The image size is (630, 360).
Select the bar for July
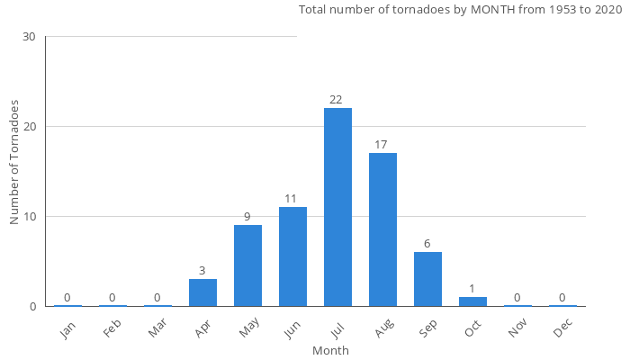(337, 207)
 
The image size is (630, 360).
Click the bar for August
(382, 229)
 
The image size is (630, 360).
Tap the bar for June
(292, 256)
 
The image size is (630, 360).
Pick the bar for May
(247, 265)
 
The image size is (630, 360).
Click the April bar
(202, 292)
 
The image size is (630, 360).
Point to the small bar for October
(472, 301)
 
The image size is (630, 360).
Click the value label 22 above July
(336, 100)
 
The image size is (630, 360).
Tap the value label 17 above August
(381, 145)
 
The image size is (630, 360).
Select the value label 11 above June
(291, 199)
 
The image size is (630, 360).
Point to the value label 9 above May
(247, 217)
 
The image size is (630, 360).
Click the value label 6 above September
(427, 244)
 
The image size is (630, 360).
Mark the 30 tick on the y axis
(30, 37)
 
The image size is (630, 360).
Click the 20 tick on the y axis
(30, 127)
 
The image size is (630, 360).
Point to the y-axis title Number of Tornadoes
(14, 163)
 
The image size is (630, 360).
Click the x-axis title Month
(330, 350)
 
